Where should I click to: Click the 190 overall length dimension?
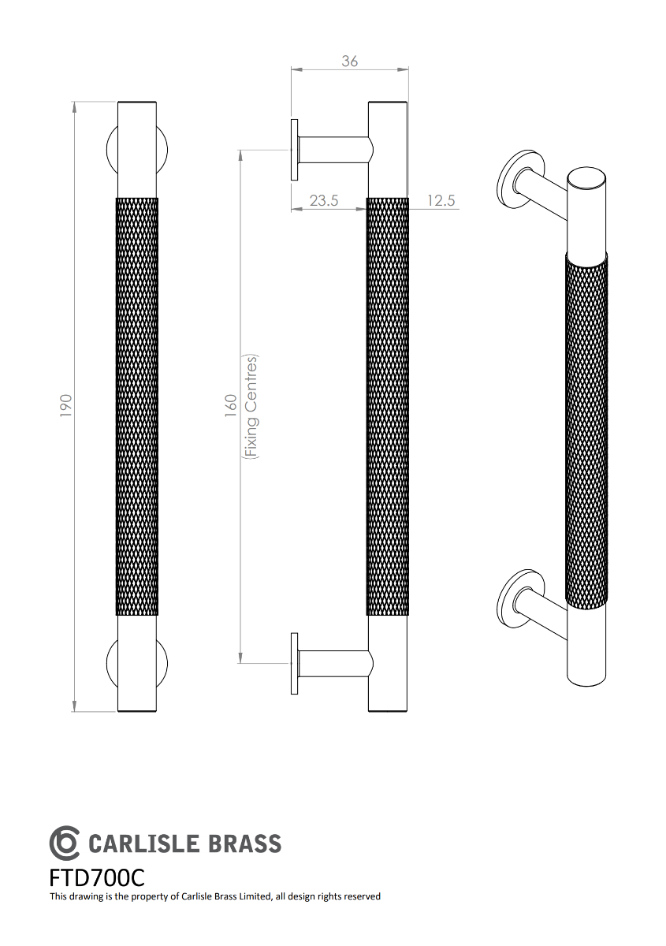tap(66, 405)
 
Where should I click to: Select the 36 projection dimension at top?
tap(349, 61)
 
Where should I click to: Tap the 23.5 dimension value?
tap(323, 200)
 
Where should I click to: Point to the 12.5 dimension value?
tap(441, 200)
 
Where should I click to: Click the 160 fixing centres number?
tap(231, 405)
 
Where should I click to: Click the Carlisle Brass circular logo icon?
tap(64, 843)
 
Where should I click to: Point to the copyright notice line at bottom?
tap(215, 896)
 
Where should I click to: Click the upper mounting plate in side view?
tap(294, 150)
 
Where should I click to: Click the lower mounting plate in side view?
tap(294, 663)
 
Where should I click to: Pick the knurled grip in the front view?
tap(137, 406)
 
